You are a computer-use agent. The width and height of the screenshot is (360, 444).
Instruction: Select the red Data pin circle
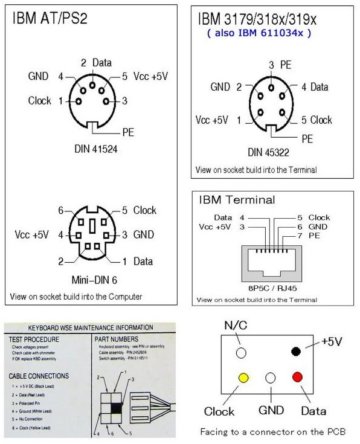coord(297,378)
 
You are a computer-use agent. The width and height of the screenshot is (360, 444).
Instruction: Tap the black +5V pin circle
coord(297,352)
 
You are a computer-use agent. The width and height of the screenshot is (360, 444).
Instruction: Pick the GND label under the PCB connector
coord(271,411)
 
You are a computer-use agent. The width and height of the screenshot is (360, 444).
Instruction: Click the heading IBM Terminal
coord(237,199)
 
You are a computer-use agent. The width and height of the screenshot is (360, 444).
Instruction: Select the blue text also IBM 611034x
coord(259,33)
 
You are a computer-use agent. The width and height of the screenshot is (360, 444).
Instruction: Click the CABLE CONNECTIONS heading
coord(39,376)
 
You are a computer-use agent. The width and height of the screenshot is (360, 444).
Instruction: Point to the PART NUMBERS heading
coord(118,339)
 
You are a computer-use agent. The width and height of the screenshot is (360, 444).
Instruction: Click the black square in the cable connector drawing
coord(115,408)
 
